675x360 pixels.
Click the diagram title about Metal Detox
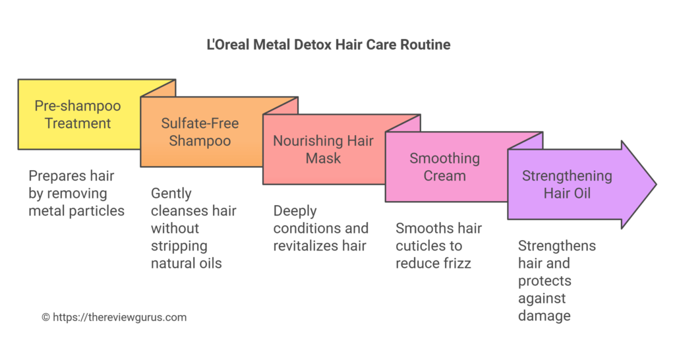pyautogui.click(x=328, y=45)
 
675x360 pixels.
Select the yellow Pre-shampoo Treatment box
pyautogui.click(x=78, y=114)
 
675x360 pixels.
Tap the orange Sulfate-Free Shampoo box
pyautogui.click(x=200, y=132)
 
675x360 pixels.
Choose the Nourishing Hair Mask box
pyautogui.click(x=323, y=150)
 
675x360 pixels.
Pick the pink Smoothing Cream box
pyautogui.click(x=446, y=167)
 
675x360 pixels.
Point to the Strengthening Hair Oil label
pyautogui.click(x=567, y=185)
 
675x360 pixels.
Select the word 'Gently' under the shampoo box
pyautogui.click(x=171, y=194)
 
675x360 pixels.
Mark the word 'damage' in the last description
pyautogui.click(x=544, y=316)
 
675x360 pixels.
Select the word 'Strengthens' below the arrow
pyautogui.click(x=557, y=246)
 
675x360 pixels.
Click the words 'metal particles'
pyautogui.click(x=76, y=211)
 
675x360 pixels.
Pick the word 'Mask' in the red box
pyautogui.click(x=323, y=158)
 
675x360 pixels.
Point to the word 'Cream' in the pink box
pyautogui.click(x=446, y=175)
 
